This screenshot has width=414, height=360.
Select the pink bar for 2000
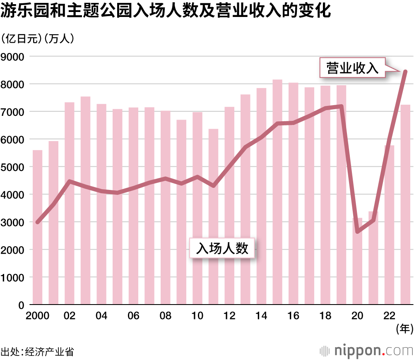[x=38, y=228]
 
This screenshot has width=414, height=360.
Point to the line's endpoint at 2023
[x=405, y=72]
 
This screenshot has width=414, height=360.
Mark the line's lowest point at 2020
[x=357, y=231]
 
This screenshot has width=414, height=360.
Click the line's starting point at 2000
[x=38, y=222]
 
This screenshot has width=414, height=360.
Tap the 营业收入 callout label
[x=353, y=68]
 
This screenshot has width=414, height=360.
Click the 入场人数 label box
[x=222, y=248]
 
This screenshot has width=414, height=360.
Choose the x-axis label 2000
[x=38, y=316]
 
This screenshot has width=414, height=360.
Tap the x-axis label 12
[x=229, y=316]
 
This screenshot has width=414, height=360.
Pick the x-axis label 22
[x=389, y=316]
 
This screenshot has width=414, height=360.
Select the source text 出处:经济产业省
[x=37, y=352]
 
